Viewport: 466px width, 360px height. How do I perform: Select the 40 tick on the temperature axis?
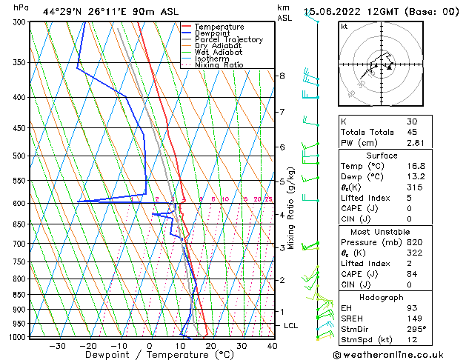point(272,345)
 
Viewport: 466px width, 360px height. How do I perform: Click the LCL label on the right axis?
point(291,325)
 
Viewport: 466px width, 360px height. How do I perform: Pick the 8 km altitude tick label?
point(282,76)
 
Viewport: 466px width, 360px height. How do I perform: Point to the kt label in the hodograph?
point(344,26)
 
